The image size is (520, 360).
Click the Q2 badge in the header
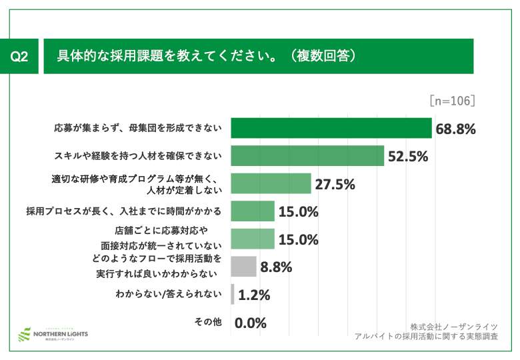pyautogui.click(x=19, y=57)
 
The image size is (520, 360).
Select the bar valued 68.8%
pyautogui.click(x=331, y=128)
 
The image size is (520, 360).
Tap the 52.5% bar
pyautogui.click(x=307, y=156)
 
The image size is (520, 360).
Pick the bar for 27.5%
pyautogui.click(x=271, y=183)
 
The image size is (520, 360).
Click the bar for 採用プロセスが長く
pyautogui.click(x=253, y=211)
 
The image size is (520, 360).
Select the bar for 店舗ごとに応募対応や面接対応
pyautogui.click(x=253, y=239)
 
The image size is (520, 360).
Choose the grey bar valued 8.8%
pyautogui.click(x=243, y=267)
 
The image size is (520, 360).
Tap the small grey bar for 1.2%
pyautogui.click(x=233, y=294)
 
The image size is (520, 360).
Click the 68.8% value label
pyautogui.click(x=455, y=129)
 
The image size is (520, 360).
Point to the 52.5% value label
pyautogui.click(x=408, y=157)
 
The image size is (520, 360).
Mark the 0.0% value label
pyautogui.click(x=251, y=323)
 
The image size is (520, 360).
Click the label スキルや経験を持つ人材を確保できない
pyautogui.click(x=137, y=156)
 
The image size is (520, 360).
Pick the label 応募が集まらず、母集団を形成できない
pyautogui.click(x=137, y=128)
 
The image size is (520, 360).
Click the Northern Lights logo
pyautogui.click(x=52, y=333)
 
